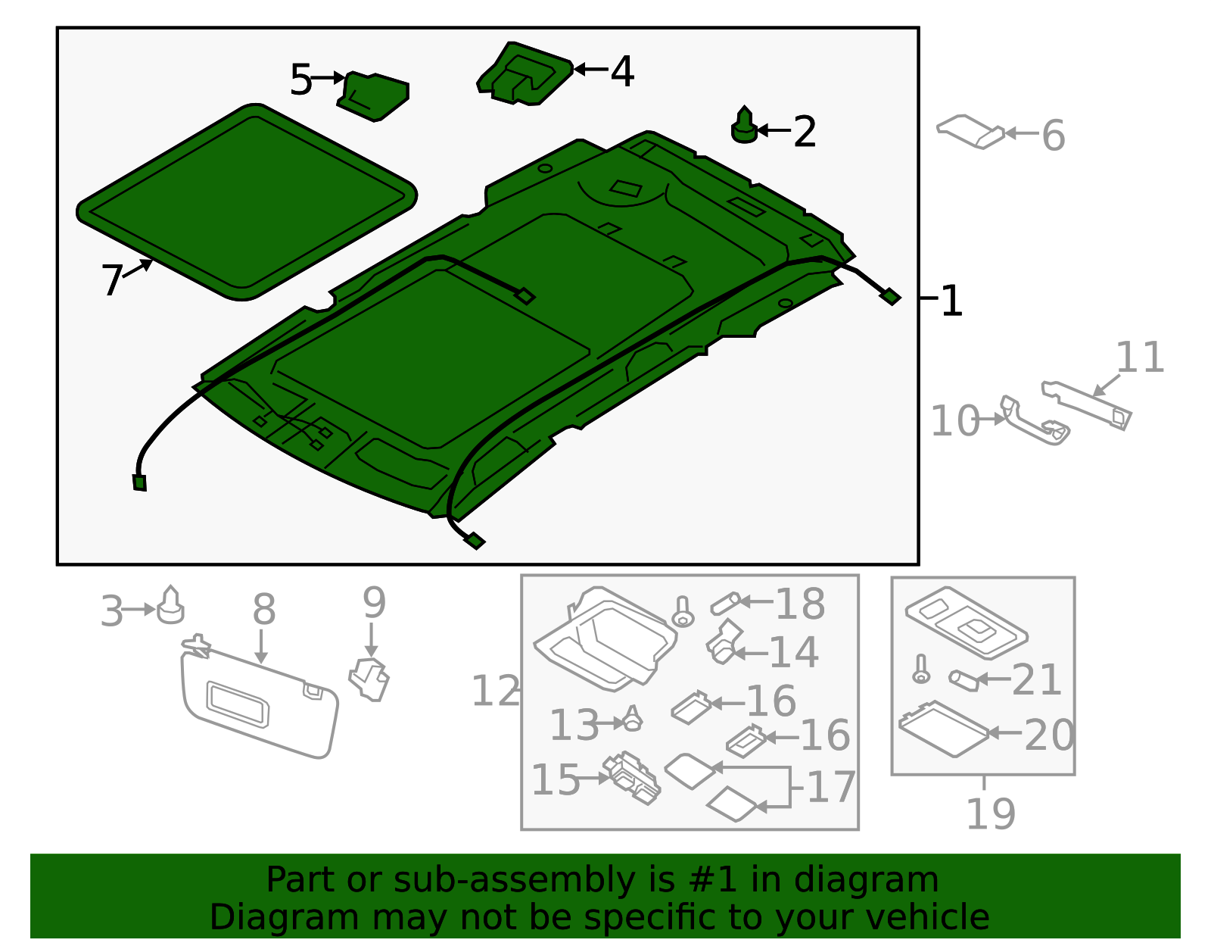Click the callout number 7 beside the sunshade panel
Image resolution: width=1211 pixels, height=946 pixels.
(111, 280)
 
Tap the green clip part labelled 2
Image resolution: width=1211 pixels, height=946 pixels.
(744, 127)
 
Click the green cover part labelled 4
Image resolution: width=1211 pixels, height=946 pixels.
(524, 74)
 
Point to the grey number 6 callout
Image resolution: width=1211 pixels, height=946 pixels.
(1053, 136)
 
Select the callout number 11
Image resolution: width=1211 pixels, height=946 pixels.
(1139, 357)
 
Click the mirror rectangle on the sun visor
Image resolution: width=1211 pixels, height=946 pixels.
(237, 704)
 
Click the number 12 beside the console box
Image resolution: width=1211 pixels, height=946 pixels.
(495, 691)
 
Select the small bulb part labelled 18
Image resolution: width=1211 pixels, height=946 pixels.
(724, 603)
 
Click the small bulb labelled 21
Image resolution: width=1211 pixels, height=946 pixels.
(964, 680)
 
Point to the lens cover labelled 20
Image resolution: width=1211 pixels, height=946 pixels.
(944, 729)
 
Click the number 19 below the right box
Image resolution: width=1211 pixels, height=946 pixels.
(990, 814)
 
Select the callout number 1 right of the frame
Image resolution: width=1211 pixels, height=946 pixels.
(951, 301)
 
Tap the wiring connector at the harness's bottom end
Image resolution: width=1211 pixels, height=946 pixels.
(475, 541)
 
